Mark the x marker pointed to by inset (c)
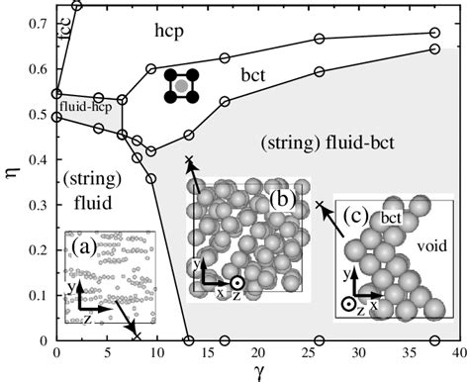320,206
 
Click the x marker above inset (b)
189,160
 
